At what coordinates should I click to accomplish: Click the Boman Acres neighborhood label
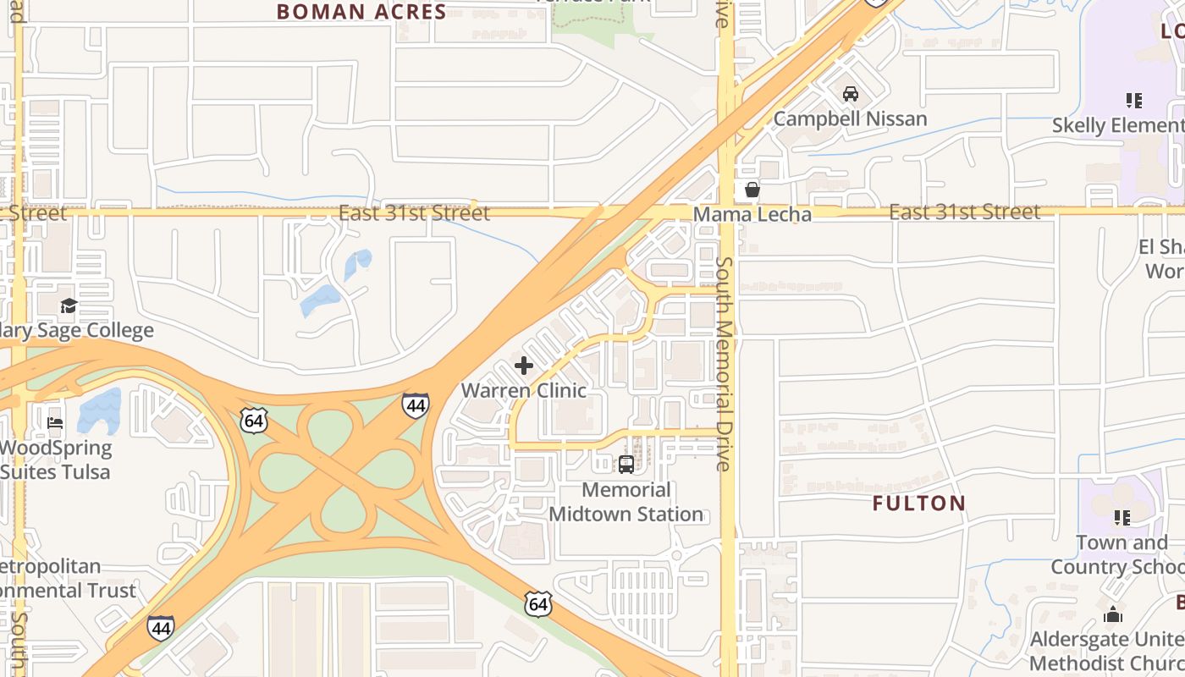361,12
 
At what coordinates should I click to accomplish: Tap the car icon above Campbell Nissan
851,94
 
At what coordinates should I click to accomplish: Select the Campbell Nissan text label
851,118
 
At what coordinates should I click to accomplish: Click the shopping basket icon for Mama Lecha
752,190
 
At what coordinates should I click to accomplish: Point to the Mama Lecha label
752,214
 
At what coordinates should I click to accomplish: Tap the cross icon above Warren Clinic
524,366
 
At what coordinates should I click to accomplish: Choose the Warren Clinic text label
524,390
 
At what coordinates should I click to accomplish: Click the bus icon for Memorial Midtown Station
626,465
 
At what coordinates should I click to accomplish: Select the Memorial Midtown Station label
626,502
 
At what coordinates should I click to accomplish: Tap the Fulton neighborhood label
919,504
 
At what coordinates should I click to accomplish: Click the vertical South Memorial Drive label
724,364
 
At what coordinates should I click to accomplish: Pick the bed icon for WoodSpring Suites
56,422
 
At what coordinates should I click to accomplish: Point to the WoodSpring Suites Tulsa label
56,460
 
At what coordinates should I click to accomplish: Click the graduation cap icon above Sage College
69,305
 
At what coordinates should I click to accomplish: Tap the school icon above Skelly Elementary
1134,101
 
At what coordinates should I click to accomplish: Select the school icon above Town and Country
1122,517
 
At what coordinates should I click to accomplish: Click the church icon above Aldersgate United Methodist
1113,614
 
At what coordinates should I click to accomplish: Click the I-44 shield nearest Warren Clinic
415,406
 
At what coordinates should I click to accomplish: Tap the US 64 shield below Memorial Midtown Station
537,604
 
